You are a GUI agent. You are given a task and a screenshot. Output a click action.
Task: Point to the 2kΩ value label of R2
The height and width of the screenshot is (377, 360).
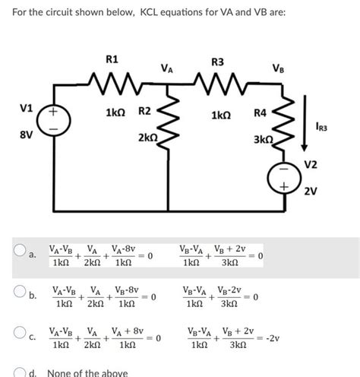pos(146,138)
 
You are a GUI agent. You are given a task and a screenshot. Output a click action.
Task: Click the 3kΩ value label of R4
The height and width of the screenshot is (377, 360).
pos(263,140)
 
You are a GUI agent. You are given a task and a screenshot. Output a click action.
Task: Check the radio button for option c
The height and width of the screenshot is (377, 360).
pos(17,333)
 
